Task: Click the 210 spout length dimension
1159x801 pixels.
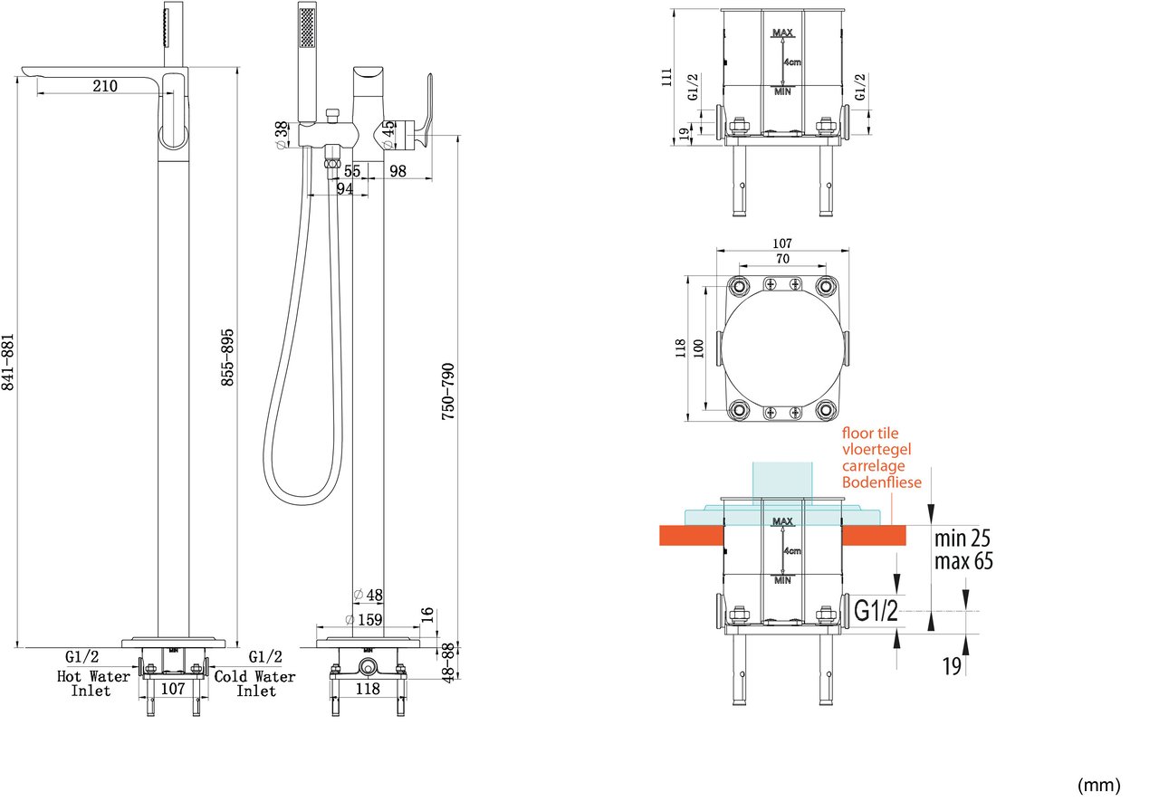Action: (x=105, y=86)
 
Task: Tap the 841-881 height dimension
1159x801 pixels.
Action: (x=8, y=362)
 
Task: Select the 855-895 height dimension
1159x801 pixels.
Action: (x=227, y=358)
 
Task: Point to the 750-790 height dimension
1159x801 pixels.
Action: (x=448, y=392)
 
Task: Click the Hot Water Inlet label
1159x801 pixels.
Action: (x=93, y=683)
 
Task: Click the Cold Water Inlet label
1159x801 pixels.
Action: (x=254, y=683)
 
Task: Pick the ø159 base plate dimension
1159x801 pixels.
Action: (x=364, y=619)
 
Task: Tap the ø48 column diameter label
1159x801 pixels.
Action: (x=369, y=596)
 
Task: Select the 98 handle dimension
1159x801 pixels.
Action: (x=398, y=171)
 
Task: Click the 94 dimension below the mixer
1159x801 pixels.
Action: (x=345, y=189)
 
